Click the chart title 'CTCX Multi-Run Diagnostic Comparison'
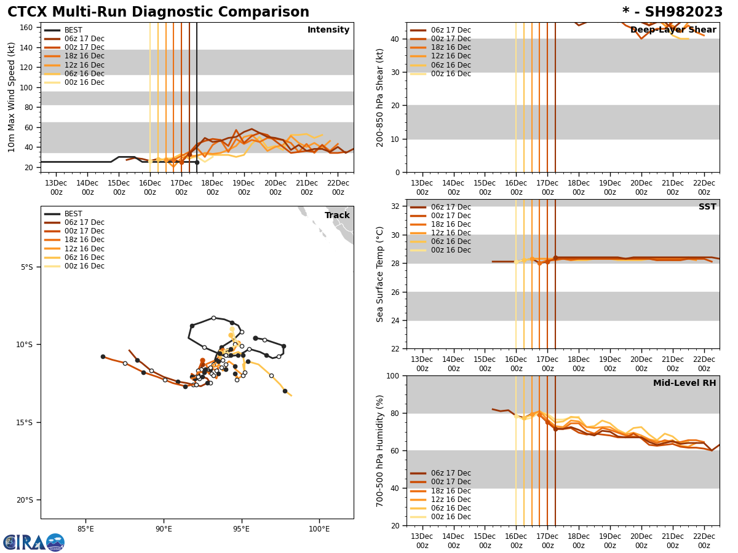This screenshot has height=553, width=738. (158, 12)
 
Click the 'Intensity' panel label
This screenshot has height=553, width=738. (328, 30)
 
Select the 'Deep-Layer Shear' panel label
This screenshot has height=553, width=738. (673, 30)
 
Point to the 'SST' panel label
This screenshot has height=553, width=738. (707, 207)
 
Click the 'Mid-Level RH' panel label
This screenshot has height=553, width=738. (684, 383)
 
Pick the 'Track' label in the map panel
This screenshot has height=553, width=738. (337, 216)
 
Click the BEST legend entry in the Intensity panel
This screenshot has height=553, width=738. (73, 30)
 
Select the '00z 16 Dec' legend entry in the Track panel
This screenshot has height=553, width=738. (84, 266)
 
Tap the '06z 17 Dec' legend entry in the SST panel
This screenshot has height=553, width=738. (451, 207)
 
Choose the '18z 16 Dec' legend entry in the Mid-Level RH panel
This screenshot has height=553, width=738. (451, 491)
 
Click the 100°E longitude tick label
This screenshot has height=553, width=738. (319, 529)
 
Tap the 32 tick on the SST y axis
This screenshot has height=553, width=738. (397, 206)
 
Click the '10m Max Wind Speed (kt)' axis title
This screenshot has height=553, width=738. (12, 97)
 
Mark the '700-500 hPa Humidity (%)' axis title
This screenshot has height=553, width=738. (381, 450)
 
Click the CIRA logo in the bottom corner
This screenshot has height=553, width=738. (34, 543)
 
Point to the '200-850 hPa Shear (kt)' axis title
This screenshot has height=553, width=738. (381, 97)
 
